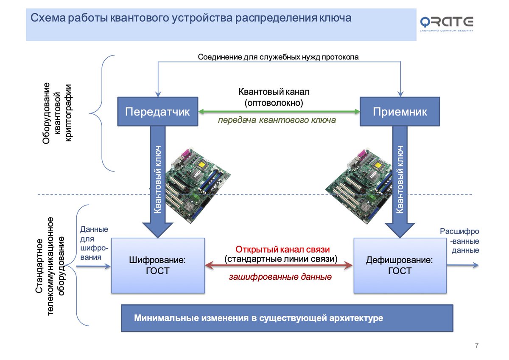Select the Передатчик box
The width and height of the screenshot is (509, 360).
pyautogui.click(x=157, y=112)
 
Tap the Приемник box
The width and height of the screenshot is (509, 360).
pyautogui.click(x=400, y=112)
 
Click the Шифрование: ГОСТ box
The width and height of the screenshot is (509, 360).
pyautogui.click(x=157, y=265)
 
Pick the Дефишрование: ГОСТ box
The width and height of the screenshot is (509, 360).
pyautogui.click(x=400, y=265)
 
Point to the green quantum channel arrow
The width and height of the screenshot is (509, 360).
pyautogui.click(x=279, y=112)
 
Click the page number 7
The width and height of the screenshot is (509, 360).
pyautogui.click(x=477, y=345)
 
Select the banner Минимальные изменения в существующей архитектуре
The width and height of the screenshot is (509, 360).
pyautogui.click(x=287, y=318)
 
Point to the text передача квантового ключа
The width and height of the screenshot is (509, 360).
pyautogui.click(x=277, y=120)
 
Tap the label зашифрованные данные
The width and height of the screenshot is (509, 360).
pyautogui.click(x=280, y=277)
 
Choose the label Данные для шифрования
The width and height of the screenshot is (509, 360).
pyautogui.click(x=94, y=243)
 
